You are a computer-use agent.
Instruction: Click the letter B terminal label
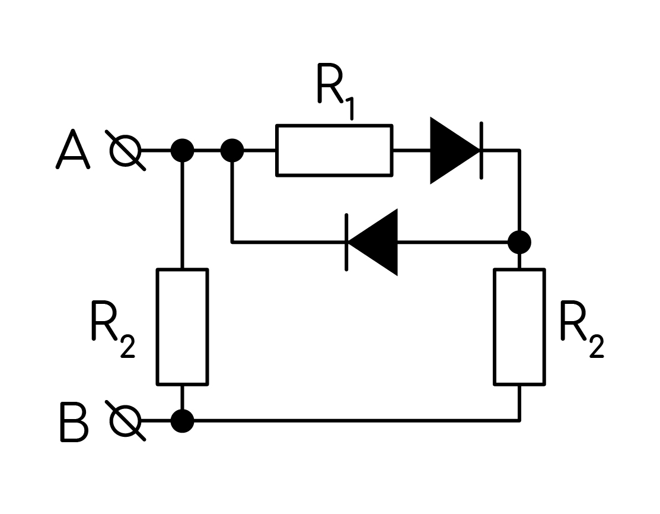74,422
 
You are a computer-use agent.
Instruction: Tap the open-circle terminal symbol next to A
126,150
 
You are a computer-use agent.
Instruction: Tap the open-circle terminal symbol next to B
126,420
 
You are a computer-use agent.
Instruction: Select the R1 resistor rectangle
334,150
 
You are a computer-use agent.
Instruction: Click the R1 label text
336,91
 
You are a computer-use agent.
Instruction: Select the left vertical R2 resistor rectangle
182,326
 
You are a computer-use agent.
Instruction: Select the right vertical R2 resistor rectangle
520,326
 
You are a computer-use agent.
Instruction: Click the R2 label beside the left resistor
113,329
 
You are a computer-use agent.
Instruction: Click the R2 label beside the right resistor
582,329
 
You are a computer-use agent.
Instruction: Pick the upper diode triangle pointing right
455,150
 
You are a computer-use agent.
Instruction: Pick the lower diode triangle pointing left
372,242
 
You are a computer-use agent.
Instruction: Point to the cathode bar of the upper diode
482,150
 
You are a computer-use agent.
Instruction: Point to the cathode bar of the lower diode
346,242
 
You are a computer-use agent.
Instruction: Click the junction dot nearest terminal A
182,150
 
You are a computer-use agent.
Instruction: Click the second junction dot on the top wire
232,150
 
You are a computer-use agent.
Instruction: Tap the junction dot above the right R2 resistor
520,242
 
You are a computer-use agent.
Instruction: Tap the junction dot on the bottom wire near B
182,420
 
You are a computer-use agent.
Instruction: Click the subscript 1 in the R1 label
349,108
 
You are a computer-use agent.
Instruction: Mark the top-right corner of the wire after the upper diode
520,150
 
